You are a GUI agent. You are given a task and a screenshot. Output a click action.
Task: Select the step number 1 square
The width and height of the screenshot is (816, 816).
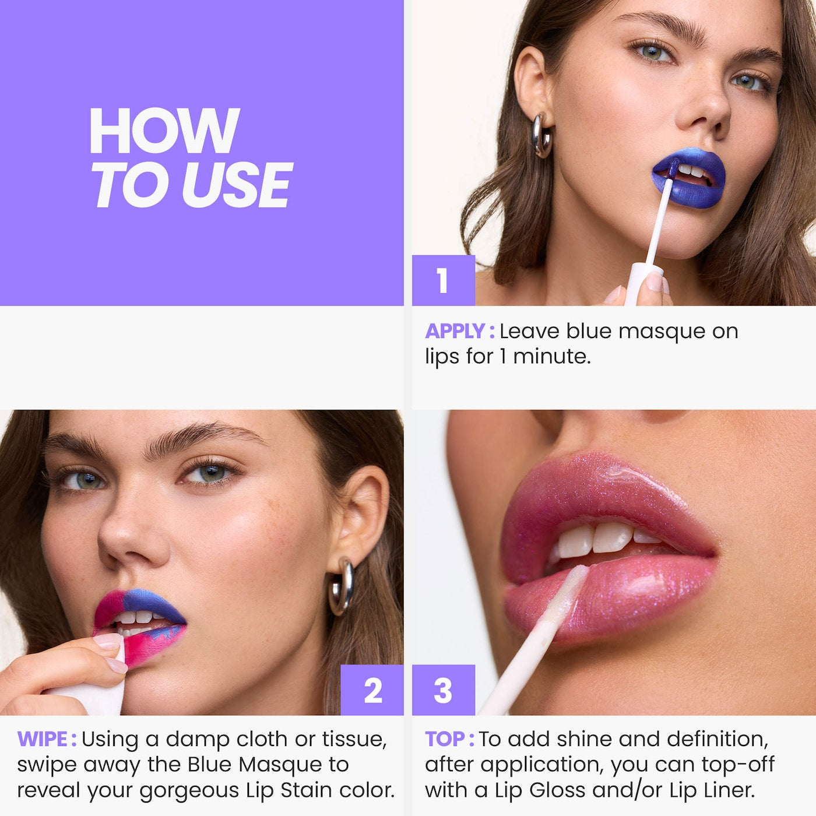(x=443, y=280)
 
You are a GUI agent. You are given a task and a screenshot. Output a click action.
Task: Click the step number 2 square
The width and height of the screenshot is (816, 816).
(x=372, y=690)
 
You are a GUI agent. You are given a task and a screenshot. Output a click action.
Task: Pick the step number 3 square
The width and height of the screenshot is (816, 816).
(x=443, y=690)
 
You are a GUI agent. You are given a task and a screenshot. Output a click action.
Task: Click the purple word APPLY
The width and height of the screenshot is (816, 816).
(x=455, y=331)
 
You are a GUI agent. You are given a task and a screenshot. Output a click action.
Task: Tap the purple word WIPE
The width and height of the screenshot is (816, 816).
(x=43, y=739)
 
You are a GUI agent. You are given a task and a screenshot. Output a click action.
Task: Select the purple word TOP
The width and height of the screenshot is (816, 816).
(x=445, y=739)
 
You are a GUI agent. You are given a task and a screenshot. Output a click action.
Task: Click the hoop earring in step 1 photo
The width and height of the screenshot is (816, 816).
(x=542, y=135)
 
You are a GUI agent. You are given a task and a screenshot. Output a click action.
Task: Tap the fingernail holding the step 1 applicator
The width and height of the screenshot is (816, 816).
(x=655, y=283)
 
